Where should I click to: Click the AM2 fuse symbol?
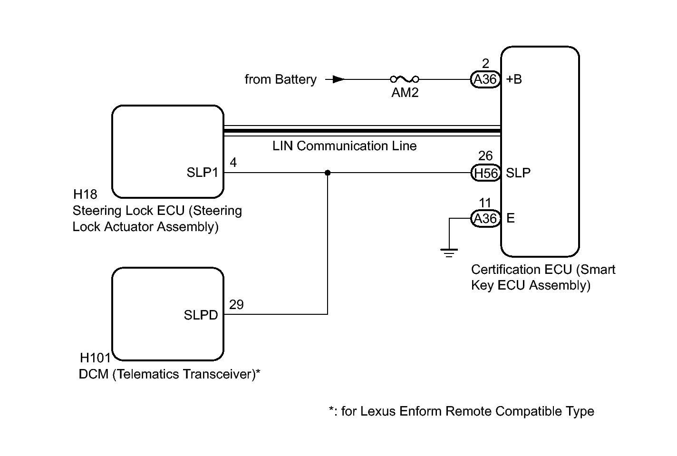pyautogui.click(x=405, y=79)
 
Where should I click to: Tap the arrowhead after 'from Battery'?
pyautogui.click(x=338, y=79)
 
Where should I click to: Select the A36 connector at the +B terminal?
pyautogui.click(x=485, y=79)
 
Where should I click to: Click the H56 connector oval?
pyautogui.click(x=485, y=173)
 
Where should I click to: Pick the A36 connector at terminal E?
pyautogui.click(x=485, y=218)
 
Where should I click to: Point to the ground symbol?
pyautogui.click(x=449, y=252)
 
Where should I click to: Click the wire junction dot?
pyautogui.click(x=328, y=173)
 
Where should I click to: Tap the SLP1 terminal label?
pyautogui.click(x=202, y=173)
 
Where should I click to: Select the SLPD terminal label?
pyautogui.click(x=201, y=315)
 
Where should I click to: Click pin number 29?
pyautogui.click(x=236, y=305)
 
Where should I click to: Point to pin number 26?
pyautogui.click(x=485, y=156)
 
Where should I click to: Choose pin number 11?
pyautogui.click(x=485, y=203)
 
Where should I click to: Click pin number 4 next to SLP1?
pyautogui.click(x=233, y=163)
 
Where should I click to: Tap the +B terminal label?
pyautogui.click(x=514, y=79)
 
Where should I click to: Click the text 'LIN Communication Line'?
pyautogui.click(x=344, y=146)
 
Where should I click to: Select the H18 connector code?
pyautogui.click(x=85, y=194)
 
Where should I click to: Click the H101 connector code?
pyautogui.click(x=95, y=358)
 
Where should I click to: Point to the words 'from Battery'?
pyautogui.click(x=280, y=79)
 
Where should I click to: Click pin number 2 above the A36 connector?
pyautogui.click(x=485, y=64)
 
